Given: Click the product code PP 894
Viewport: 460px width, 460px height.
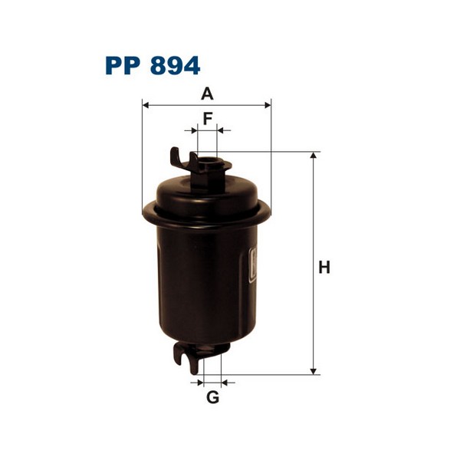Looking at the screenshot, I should [153, 65].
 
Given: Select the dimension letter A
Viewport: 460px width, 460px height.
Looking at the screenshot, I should [206, 94].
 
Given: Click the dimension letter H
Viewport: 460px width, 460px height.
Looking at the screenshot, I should [324, 268].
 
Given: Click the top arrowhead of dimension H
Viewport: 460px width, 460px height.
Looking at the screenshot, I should [314, 156].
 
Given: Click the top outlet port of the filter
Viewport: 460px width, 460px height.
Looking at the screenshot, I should [209, 163].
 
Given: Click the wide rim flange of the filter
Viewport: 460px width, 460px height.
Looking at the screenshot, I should [207, 211].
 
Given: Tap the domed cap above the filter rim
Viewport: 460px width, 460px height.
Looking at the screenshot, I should [207, 188].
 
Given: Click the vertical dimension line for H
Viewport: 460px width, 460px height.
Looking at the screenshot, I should [314, 230].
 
